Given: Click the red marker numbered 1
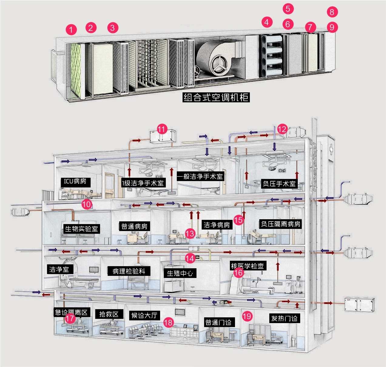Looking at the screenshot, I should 71,30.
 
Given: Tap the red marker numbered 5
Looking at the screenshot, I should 288,9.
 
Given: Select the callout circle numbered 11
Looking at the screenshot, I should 161,129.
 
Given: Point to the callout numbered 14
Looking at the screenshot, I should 190,258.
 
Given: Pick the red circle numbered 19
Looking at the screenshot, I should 247,316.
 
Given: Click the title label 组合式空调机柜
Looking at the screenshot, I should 216,97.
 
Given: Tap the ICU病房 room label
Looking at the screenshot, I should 75,181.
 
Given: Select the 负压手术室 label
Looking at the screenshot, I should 279,183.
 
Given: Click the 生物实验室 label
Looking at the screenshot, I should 82,229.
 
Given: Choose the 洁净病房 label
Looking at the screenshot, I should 217,225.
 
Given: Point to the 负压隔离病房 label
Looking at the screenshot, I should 280,224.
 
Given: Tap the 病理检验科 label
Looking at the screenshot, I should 129,271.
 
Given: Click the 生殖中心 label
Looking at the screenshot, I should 180,273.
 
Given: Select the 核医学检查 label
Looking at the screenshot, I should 247,266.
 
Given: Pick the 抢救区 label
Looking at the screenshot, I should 109,314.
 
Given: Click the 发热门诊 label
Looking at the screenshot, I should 284,318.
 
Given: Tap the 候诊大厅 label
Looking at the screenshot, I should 144,316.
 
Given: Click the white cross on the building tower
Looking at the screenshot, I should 331,150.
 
